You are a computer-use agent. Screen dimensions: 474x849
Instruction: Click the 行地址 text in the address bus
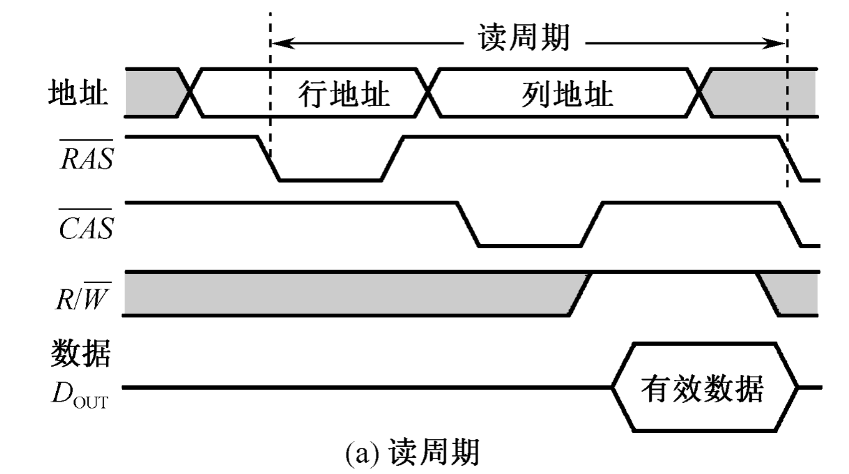343,95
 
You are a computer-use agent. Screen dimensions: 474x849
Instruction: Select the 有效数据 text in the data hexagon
703,389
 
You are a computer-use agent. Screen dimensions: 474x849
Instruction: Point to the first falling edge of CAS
468,224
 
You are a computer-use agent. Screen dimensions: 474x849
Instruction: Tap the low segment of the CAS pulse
529,246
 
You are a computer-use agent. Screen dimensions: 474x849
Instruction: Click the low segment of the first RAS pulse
330,180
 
